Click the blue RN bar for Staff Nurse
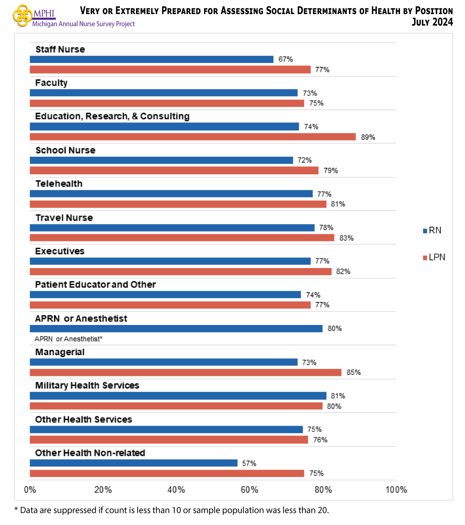click(151, 59)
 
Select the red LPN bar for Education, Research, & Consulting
click(192, 137)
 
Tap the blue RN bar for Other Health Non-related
click(134, 463)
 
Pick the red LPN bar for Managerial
click(185, 372)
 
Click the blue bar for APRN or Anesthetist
click(176, 329)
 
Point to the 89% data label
click(368, 137)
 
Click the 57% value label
click(249, 463)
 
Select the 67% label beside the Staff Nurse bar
click(286, 59)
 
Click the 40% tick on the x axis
click(176, 490)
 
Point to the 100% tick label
click(396, 490)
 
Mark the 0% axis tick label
click(30, 490)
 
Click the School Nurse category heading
click(65, 150)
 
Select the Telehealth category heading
click(58, 184)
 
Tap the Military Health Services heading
click(87, 385)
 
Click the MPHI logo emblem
click(22, 16)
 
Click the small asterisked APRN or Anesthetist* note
click(69, 339)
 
